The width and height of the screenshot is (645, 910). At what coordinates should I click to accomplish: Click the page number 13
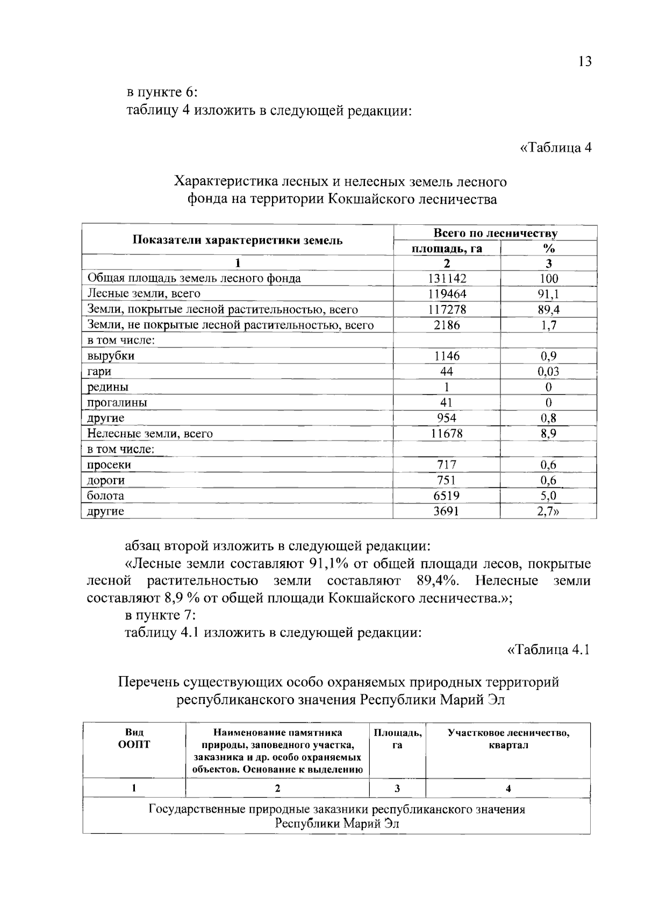pyautogui.click(x=585, y=61)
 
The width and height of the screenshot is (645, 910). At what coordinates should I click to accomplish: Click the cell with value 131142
pyautogui.click(x=447, y=278)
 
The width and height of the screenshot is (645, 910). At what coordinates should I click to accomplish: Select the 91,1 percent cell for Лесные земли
pyautogui.click(x=548, y=294)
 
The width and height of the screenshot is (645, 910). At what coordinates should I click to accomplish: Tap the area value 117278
pyautogui.click(x=447, y=309)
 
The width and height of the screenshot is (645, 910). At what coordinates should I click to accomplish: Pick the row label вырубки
pyautogui.click(x=111, y=356)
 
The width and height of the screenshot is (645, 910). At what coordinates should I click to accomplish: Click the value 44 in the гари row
pyautogui.click(x=446, y=372)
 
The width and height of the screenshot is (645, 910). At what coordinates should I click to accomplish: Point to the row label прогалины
pyautogui.click(x=117, y=403)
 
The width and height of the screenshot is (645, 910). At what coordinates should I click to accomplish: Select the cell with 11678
pyautogui.click(x=447, y=433)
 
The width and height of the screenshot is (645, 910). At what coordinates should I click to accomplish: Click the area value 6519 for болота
pyautogui.click(x=447, y=495)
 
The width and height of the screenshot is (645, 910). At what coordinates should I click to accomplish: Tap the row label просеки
pyautogui.click(x=109, y=465)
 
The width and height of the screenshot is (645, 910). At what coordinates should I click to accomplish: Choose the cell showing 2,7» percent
pyautogui.click(x=548, y=511)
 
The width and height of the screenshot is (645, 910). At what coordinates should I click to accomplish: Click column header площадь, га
pyautogui.click(x=447, y=248)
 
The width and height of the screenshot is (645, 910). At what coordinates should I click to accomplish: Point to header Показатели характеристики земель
pyautogui.click(x=238, y=240)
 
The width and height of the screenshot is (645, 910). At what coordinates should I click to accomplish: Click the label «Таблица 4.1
pyautogui.click(x=548, y=650)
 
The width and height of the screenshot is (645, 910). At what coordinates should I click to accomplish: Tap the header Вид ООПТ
pyautogui.click(x=134, y=738)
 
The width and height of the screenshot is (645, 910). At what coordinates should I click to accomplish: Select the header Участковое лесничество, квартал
pyautogui.click(x=508, y=739)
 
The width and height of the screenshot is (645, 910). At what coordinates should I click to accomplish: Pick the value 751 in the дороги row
pyautogui.click(x=446, y=480)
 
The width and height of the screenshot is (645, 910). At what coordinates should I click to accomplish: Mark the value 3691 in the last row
pyautogui.click(x=447, y=511)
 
